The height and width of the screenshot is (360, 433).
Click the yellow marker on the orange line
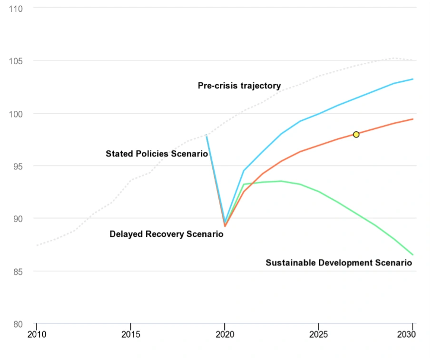click(356, 135)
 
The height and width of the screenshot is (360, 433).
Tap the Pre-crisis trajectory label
click(239, 86)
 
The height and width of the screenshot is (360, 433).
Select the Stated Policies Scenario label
click(157, 154)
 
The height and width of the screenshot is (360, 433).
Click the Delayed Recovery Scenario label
click(166, 234)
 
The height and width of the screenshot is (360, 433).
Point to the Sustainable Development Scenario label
click(338, 263)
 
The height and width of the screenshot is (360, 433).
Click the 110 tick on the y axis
click(16, 8)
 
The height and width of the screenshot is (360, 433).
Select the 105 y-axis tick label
click(16, 61)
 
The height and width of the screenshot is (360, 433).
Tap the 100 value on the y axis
click(16, 114)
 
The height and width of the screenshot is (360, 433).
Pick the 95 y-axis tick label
click(18, 166)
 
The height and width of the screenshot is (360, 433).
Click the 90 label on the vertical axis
click(18, 219)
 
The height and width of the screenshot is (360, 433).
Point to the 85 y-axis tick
click(18, 272)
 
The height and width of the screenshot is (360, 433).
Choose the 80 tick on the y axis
click(18, 324)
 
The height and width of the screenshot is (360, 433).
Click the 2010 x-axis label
click(37, 334)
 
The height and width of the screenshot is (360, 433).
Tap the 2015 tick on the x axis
click(130, 334)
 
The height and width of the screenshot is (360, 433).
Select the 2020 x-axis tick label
click(225, 334)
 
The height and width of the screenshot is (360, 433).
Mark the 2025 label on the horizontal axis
click(319, 334)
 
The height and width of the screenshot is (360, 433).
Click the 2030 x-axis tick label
click(407, 334)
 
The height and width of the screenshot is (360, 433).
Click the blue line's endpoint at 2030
click(413, 79)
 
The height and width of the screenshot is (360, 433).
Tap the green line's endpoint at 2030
click(413, 254)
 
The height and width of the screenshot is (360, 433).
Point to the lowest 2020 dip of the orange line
click(225, 226)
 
